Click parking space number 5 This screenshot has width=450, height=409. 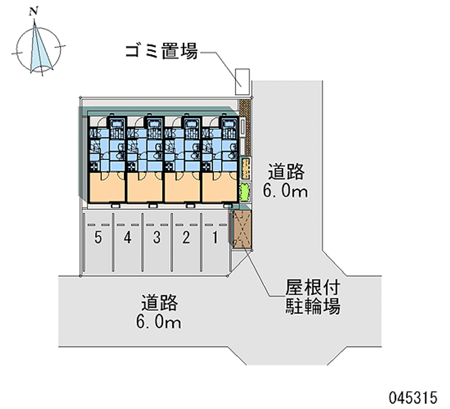[98, 238]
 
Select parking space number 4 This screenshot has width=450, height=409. [128, 238]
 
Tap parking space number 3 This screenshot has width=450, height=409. [157, 238]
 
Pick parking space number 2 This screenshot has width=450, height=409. [186, 238]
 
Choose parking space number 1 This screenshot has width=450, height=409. [214, 238]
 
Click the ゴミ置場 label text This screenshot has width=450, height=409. [160, 53]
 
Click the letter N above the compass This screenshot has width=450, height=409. [35, 11]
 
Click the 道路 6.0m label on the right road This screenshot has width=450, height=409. [285, 181]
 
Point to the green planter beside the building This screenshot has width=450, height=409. [245, 192]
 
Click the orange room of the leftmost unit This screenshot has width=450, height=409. [106, 187]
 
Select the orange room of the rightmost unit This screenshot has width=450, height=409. [219, 187]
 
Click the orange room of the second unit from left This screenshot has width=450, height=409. [144, 187]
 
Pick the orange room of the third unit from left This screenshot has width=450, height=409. [182, 187]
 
